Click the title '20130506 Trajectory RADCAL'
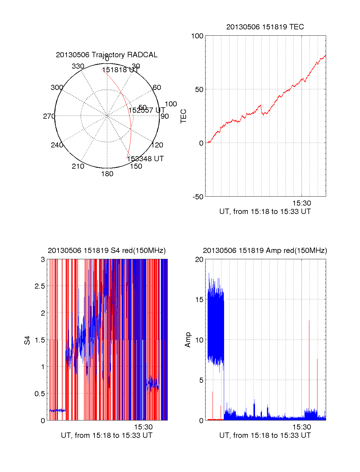(x=106, y=55)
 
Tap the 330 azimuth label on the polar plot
(x=78, y=66)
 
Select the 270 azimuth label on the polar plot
(x=49, y=116)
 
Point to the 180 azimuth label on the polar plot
(x=107, y=174)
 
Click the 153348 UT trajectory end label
(x=145, y=159)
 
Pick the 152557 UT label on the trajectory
(x=147, y=110)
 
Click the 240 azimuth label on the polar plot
(x=57, y=145)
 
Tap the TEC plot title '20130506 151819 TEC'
(x=265, y=27)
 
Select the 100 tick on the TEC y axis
(x=197, y=36)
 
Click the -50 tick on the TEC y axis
(x=198, y=197)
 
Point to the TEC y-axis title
(x=183, y=116)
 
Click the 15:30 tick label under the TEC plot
(x=301, y=203)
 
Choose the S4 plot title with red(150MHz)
(x=106, y=251)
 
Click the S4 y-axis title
(x=27, y=340)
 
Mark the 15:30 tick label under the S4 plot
(x=143, y=427)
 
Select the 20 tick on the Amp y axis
(x=199, y=260)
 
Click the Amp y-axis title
(x=188, y=340)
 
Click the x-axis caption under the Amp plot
(x=265, y=435)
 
